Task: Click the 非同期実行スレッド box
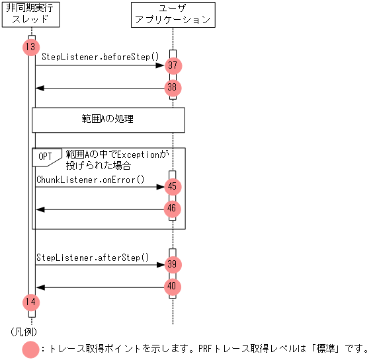tap(31, 14)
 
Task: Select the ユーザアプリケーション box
tap(173, 14)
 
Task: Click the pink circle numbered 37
tap(173, 65)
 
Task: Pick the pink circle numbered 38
tap(173, 87)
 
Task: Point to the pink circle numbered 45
tap(173, 187)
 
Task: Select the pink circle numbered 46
tap(173, 209)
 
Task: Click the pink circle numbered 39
tap(173, 264)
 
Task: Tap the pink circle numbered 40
tap(173, 287)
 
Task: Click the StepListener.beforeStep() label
tap(101, 57)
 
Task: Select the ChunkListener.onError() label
tap(91, 179)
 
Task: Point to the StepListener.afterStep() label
tap(93, 257)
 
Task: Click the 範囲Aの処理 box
tap(108, 120)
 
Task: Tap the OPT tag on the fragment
tap(46, 156)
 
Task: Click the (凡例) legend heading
tap(24, 330)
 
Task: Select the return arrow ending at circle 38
tap(99, 88)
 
